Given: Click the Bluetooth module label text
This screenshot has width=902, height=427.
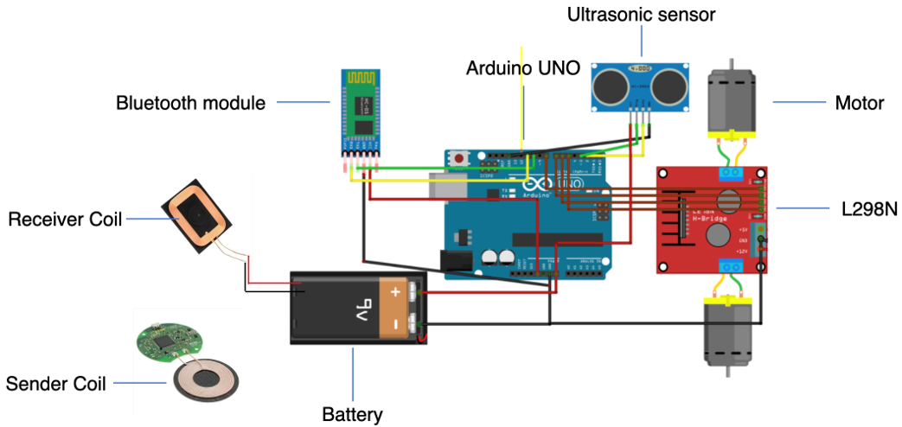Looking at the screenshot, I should (190, 103).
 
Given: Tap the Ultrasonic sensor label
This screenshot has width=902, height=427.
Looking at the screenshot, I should (641, 15).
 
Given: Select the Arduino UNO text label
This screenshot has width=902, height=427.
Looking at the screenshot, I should (523, 68).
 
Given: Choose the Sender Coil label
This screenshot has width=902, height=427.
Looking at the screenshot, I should (56, 383).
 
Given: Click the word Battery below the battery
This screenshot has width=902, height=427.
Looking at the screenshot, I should (352, 415).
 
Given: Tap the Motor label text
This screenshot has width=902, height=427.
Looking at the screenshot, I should (859, 104).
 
